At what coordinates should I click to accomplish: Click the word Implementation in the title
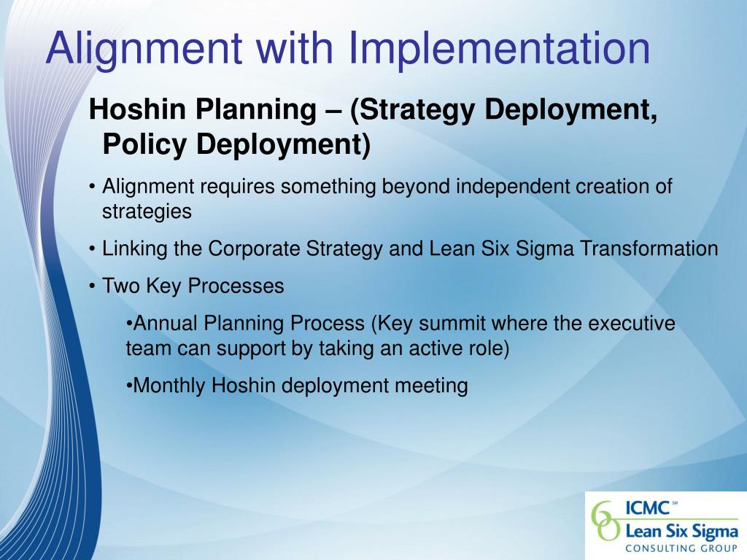[x=500, y=49]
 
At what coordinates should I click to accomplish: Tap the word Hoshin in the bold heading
[x=137, y=109]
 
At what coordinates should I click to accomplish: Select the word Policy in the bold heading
[x=144, y=144]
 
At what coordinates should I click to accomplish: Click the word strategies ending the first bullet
[x=147, y=211]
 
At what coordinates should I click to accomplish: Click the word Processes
[x=236, y=286]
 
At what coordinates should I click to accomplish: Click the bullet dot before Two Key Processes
[x=92, y=287]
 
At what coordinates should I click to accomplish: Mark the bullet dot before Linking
[x=92, y=249]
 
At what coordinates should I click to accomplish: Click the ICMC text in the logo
[x=648, y=508]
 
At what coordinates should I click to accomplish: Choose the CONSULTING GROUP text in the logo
[x=681, y=548]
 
